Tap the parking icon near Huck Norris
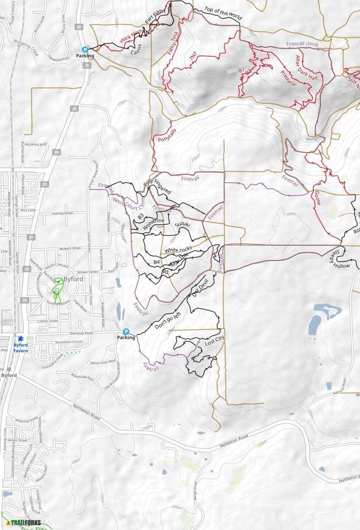85,50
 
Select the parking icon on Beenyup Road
126,331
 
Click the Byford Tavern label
20,345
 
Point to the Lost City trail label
214,341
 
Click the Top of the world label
223,14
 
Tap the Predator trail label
288,78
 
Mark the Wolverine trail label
153,224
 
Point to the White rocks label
178,250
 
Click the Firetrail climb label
302,44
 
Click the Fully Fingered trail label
157,187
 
